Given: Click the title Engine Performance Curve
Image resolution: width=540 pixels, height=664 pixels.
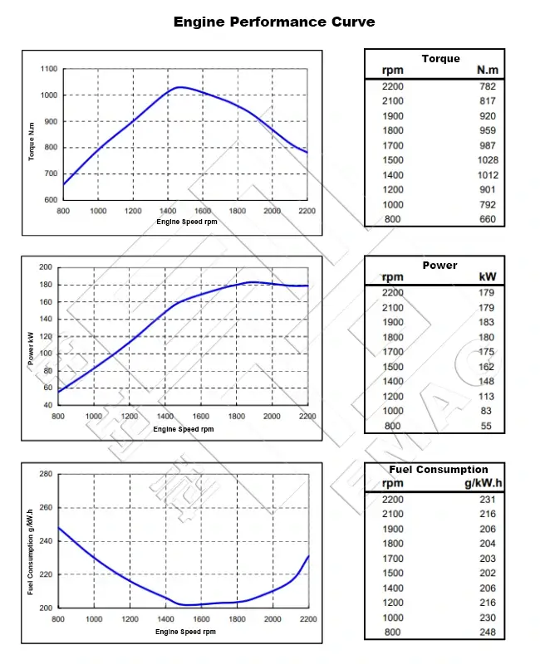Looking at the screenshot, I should pyautogui.click(x=273, y=22).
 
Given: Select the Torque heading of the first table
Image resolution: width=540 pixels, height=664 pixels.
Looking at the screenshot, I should pyautogui.click(x=439, y=59).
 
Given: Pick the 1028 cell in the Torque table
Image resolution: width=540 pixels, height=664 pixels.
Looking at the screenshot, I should pyautogui.click(x=488, y=160).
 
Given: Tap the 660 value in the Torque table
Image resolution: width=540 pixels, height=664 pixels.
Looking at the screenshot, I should pyautogui.click(x=488, y=219).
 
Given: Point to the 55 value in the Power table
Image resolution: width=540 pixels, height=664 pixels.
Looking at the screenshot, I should pyautogui.click(x=488, y=426).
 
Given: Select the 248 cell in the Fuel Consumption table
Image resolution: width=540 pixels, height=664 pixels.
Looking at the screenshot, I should pyautogui.click(x=487, y=632).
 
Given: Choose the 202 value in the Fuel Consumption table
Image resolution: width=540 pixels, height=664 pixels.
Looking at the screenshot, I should pyautogui.click(x=487, y=573).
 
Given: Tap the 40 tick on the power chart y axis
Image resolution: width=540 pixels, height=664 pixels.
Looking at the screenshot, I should pyautogui.click(x=47, y=405).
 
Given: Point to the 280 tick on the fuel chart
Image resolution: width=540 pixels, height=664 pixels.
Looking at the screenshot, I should pyautogui.click(x=46, y=474).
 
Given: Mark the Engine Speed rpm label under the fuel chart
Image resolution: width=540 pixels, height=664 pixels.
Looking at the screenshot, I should pyautogui.click(x=184, y=632).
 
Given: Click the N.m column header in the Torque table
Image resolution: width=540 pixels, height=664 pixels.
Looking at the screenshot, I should pyautogui.click(x=487, y=71).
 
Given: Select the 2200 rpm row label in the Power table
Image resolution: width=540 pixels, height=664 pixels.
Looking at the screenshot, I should pyautogui.click(x=392, y=292).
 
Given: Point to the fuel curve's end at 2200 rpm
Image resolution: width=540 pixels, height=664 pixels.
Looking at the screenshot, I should pyautogui.click(x=309, y=556).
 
